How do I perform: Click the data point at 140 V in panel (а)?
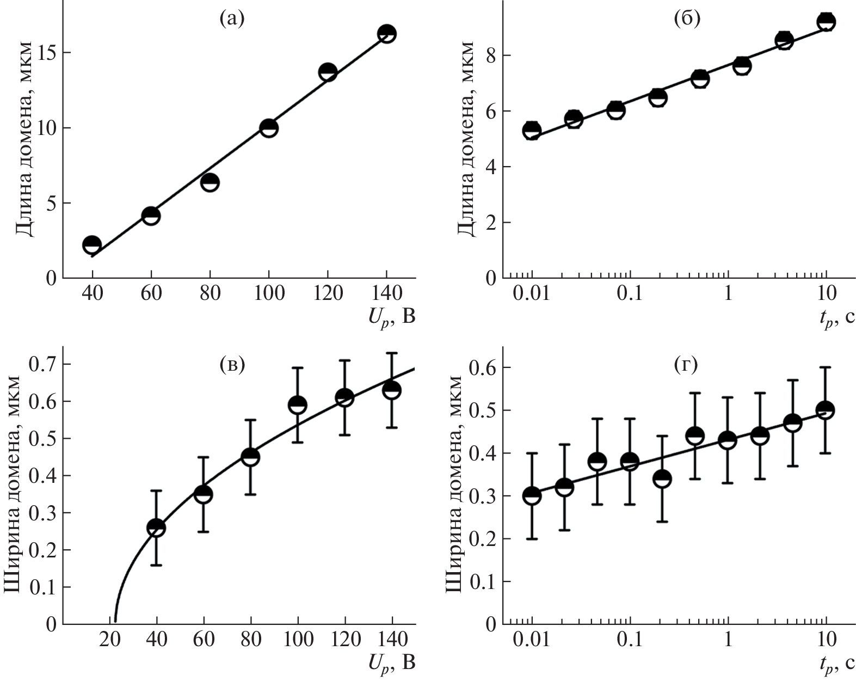(x=386, y=34)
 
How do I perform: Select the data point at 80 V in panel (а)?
(x=210, y=182)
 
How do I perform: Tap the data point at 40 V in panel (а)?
(x=92, y=244)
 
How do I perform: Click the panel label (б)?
(x=687, y=19)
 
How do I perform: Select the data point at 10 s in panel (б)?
(x=827, y=22)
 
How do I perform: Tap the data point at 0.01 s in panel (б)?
(x=532, y=131)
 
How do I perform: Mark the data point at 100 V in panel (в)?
(x=298, y=404)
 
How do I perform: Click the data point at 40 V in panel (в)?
(x=156, y=527)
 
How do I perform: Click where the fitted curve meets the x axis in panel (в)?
(x=115, y=623)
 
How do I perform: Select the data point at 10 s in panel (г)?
(x=826, y=410)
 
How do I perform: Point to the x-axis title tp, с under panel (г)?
(x=835, y=662)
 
